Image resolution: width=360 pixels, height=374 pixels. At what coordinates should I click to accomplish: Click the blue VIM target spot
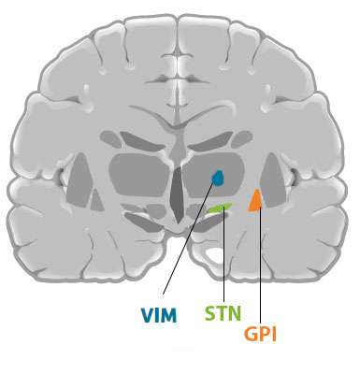(218, 178)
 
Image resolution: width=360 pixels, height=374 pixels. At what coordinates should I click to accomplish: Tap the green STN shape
(220, 208)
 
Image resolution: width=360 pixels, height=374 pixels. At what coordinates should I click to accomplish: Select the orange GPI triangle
(255, 201)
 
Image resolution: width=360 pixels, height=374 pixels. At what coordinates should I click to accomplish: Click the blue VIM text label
(159, 315)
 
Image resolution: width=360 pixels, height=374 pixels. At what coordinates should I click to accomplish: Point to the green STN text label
(223, 313)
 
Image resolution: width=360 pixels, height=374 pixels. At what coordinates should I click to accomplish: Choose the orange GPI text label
(260, 334)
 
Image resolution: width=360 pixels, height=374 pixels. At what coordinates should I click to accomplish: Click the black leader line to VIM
(188, 237)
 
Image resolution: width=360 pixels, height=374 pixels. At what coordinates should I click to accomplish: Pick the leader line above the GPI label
(260, 265)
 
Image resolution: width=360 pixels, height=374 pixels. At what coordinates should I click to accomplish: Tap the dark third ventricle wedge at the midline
(178, 194)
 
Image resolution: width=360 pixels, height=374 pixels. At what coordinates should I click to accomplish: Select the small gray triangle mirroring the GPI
(97, 200)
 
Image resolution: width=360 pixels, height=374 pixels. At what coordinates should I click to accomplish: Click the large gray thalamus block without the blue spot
(140, 175)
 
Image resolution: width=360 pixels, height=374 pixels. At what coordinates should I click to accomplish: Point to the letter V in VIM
(147, 315)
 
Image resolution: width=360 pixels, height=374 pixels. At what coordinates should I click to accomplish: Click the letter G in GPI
(251, 334)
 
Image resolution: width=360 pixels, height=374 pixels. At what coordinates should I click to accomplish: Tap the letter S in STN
(210, 313)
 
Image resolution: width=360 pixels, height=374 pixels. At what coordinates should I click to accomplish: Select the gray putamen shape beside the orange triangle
(272, 180)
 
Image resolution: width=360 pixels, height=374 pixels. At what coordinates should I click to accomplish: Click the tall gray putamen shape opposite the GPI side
(79, 180)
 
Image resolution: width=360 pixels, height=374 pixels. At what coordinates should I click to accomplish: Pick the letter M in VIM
(169, 315)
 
